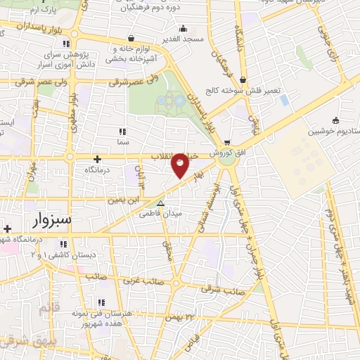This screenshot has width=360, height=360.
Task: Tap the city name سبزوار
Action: click(x=51, y=220)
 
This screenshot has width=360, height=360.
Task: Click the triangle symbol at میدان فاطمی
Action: click(x=161, y=203)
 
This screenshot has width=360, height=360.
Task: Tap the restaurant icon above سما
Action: click(x=122, y=131)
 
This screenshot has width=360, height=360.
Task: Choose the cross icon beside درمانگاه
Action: click(x=98, y=159)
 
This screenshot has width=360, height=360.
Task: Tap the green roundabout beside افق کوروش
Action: click(x=227, y=159)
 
